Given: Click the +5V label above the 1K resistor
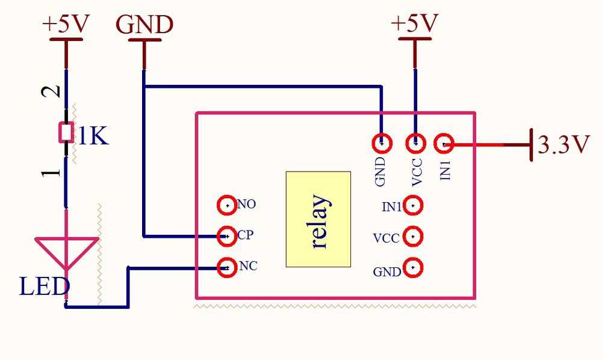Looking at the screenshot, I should coord(66,25).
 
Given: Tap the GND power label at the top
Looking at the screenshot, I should coord(144,25).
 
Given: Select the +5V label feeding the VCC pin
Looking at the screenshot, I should coord(414,23).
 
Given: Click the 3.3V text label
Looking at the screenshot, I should coord(563,145).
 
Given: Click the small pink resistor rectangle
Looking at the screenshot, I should coord(66,132).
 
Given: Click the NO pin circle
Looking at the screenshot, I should coord(226,205).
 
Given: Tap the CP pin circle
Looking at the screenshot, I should coord(226,236).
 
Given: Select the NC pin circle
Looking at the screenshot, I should coord(226,267).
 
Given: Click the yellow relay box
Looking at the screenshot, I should coord(318,219).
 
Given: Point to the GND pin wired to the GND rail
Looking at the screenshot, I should coord(382,143).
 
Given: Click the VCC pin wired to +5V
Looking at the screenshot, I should coord(415,143).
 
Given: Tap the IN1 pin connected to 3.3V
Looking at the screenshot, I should coord(444,143).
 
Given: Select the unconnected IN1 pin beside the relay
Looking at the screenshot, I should coord(412,206).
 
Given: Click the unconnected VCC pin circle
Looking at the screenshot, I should coord(412,237).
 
